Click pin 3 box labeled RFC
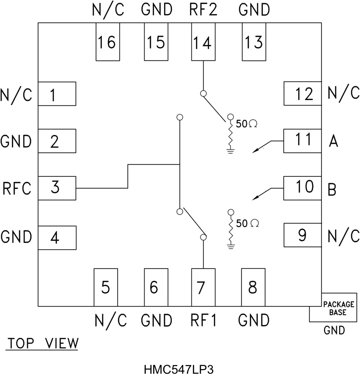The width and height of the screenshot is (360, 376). [56, 188]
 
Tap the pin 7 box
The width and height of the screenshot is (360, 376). [203, 287]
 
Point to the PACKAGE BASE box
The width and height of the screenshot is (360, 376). [334, 308]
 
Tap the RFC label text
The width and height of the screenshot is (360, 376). [17, 188]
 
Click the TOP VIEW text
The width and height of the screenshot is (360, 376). [42, 343]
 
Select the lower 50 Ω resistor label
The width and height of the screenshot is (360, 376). [247, 223]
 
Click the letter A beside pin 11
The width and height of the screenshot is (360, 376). [333, 142]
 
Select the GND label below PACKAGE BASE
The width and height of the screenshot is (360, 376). [334, 331]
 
